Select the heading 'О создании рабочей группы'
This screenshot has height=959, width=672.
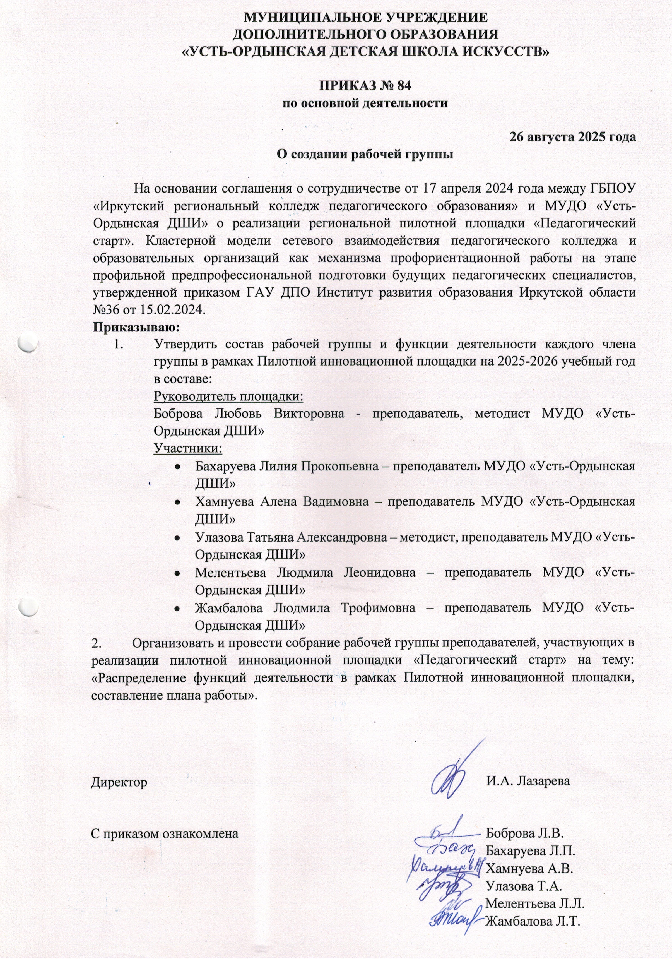click(365, 154)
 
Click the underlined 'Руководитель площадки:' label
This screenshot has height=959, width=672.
click(229, 395)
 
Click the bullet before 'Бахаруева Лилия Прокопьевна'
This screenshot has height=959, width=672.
click(177, 467)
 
